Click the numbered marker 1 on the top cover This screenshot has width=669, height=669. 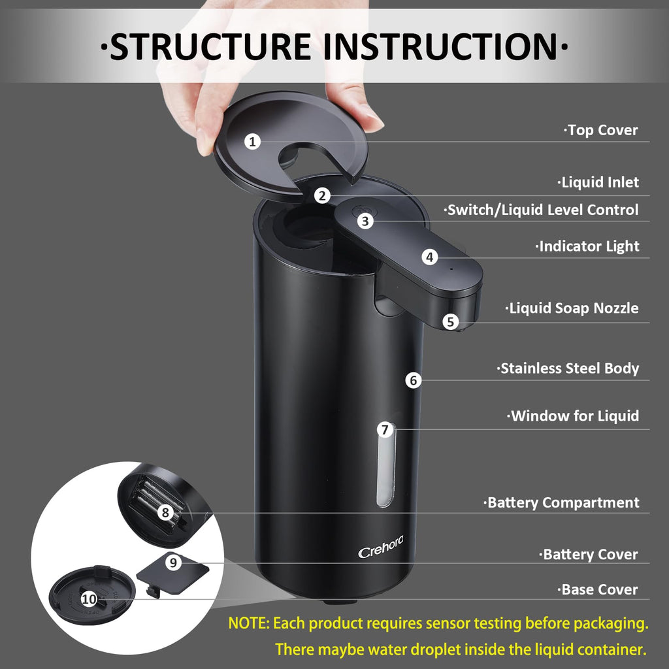[253, 141]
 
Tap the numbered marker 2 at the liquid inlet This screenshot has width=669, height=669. [321, 195]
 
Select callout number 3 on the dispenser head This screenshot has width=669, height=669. [366, 221]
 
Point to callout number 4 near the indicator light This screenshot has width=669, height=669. [429, 257]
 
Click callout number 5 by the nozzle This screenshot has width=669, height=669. [450, 321]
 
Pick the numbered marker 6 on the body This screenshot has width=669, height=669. [413, 380]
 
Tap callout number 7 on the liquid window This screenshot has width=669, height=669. [385, 429]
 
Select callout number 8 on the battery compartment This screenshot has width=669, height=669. [165, 513]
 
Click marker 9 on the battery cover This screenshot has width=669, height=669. [172, 563]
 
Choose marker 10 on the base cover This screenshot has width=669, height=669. [90, 598]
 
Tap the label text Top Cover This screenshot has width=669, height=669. [601, 130]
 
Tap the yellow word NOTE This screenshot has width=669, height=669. [248, 623]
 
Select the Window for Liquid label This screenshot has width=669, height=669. [573, 416]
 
